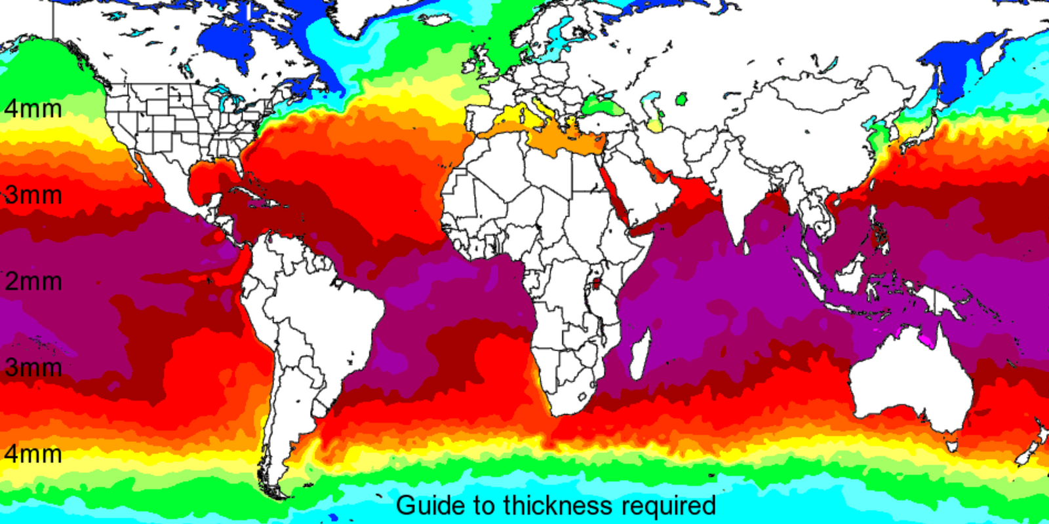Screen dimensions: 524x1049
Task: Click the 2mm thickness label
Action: tap(33, 281)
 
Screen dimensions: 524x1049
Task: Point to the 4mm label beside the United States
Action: tap(33, 108)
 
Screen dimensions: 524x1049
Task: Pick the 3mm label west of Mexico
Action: tap(33, 195)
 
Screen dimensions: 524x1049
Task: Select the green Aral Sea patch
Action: tap(682, 100)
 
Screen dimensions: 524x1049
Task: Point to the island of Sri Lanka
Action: tap(745, 248)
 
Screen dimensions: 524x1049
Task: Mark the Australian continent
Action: tap(911, 380)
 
